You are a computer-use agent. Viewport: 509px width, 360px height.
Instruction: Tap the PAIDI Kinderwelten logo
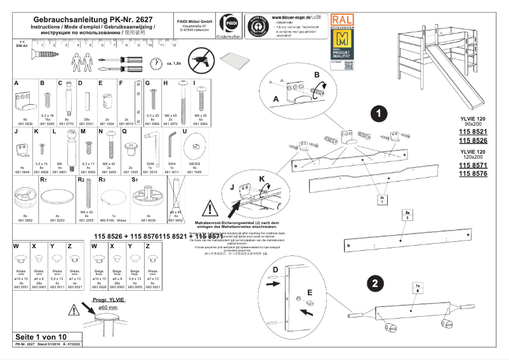click(225, 27)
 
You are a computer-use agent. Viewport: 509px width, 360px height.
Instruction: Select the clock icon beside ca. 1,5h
click(156, 63)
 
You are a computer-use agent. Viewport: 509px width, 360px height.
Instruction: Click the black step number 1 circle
click(378, 114)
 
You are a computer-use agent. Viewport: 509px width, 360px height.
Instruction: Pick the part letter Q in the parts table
click(124, 131)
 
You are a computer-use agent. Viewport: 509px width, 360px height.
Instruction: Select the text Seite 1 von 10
click(39, 336)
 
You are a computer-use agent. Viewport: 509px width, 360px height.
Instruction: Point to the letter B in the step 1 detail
click(317, 75)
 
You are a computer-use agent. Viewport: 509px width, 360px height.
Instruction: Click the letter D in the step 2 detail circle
click(275, 270)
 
